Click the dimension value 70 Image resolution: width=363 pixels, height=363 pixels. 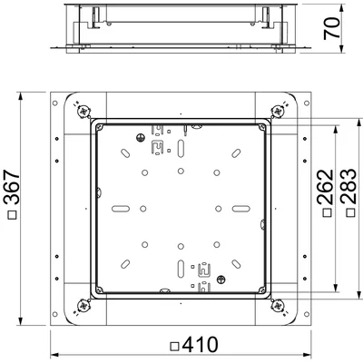pyautogui.click(x=332, y=28)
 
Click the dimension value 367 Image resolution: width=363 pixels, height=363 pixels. pyautogui.click(x=12, y=188)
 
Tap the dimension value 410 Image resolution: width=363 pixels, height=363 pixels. pyautogui.click(x=200, y=345)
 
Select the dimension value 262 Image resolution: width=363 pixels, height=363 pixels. pyautogui.click(x=325, y=187)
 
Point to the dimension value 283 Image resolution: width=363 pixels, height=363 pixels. pyautogui.click(x=348, y=187)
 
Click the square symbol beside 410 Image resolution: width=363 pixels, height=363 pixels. pyautogui.click(x=175, y=346)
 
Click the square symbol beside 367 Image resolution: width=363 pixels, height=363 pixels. pyautogui.click(x=13, y=215)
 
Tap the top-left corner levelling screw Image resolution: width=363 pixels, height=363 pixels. pyautogui.click(x=83, y=112)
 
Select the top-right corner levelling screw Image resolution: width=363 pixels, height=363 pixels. pyautogui.click(x=277, y=112)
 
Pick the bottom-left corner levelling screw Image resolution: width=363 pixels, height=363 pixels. pyautogui.click(x=83, y=306)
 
